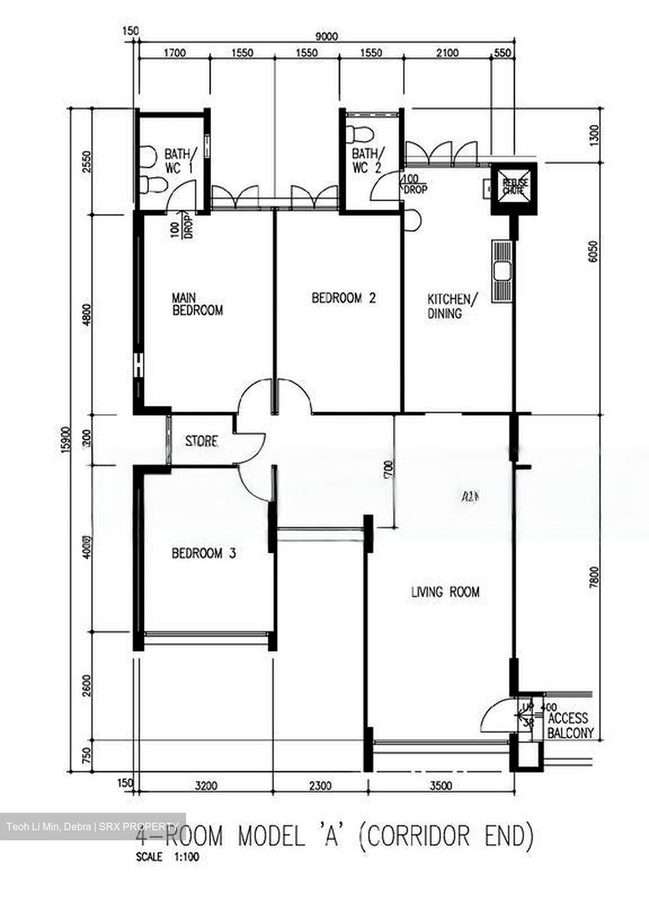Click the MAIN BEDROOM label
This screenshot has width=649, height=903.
pos(197,303)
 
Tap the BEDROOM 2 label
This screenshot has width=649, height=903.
pos(344,298)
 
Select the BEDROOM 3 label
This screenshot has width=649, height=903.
pos(204,553)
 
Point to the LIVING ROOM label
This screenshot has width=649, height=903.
pos(445,591)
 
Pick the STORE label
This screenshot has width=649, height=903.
pos(202,441)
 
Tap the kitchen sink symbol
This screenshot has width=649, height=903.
pos(502,272)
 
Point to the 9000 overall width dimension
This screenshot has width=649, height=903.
pos(326,36)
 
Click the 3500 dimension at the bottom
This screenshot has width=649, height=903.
pos(441,784)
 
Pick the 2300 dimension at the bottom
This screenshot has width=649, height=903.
pos(320,784)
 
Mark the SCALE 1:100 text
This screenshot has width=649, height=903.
pos(167,857)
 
